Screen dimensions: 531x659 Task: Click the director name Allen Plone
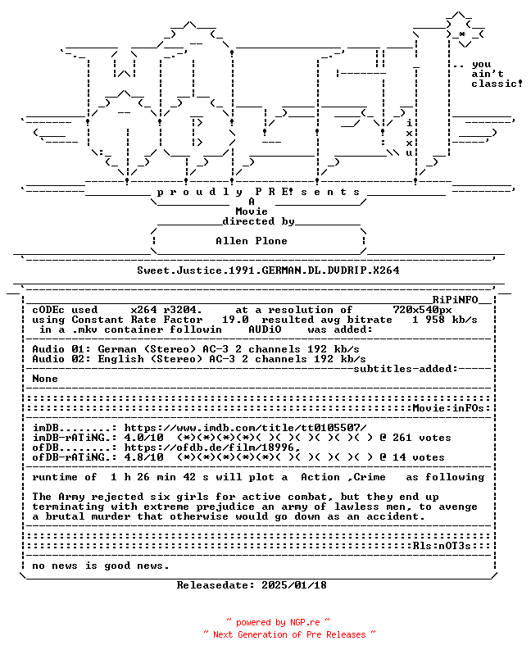252,241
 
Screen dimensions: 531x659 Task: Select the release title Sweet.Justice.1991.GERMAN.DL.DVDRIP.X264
268,270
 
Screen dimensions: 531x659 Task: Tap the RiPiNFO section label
456,300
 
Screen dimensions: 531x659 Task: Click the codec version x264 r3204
166,310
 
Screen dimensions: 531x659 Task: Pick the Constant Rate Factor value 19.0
235,320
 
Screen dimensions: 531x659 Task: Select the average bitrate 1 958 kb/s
445,320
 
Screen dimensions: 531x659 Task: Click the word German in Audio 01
117,349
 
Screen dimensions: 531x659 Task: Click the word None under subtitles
45,379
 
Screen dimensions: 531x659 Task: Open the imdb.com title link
245,428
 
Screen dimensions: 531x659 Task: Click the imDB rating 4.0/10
143,438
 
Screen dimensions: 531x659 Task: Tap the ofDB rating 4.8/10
143,457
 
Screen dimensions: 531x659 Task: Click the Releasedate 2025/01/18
252,585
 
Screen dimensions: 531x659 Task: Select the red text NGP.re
305,622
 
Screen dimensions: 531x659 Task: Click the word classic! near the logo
497,84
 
